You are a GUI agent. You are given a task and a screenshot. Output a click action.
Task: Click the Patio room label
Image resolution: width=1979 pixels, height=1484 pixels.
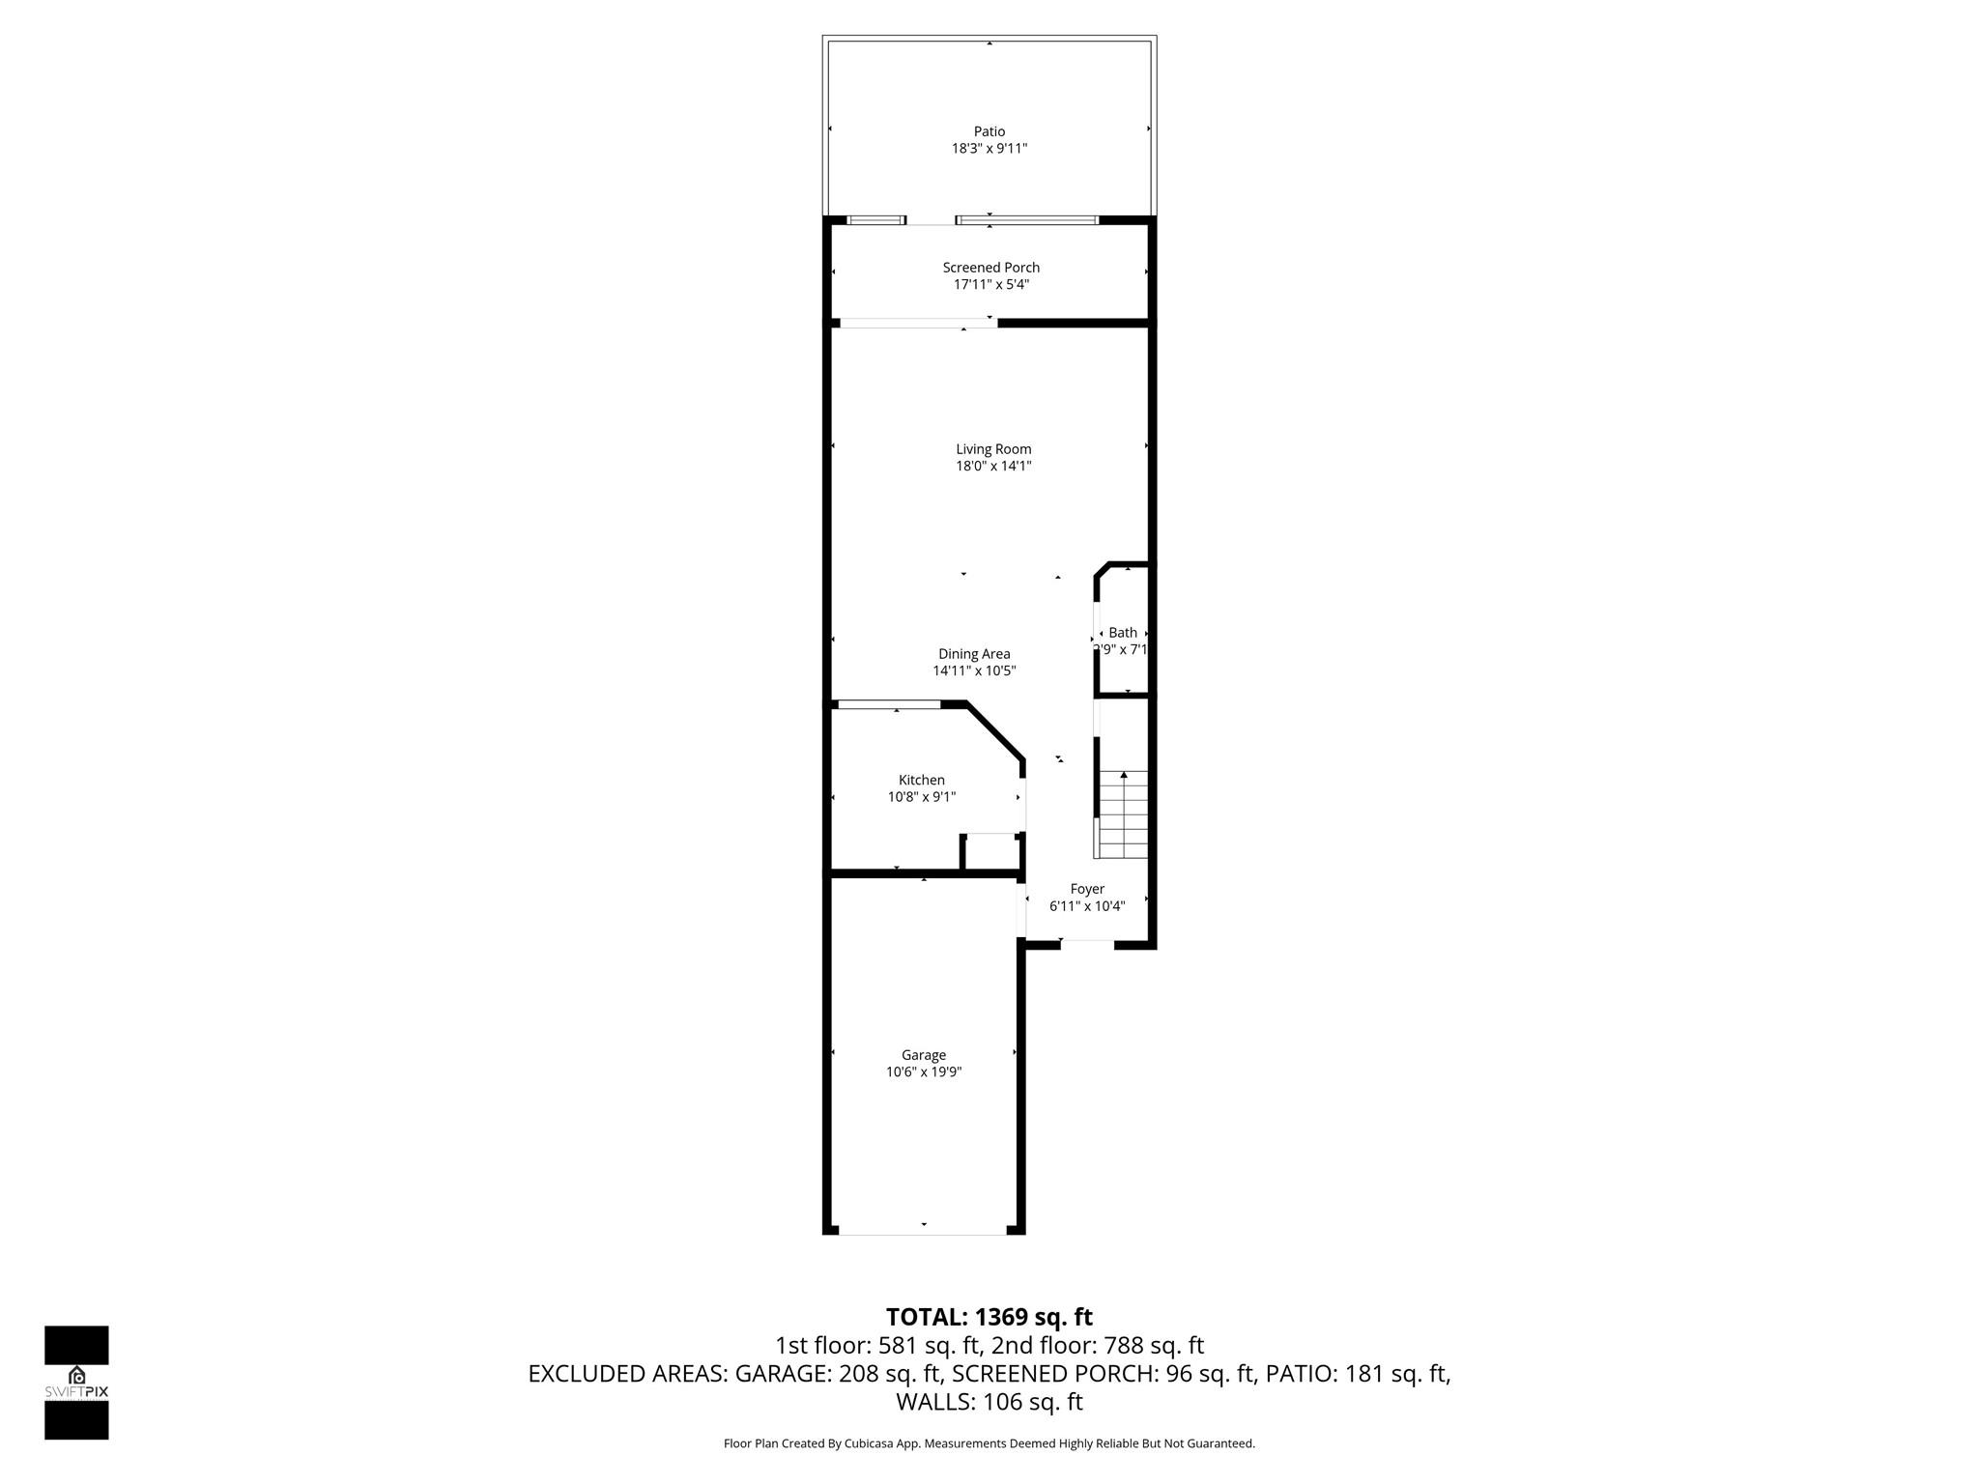tap(989, 131)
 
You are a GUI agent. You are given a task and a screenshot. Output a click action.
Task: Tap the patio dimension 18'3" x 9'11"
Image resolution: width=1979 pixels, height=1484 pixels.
tap(989, 149)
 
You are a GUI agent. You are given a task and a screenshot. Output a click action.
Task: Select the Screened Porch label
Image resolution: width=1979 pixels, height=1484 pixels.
tap(991, 268)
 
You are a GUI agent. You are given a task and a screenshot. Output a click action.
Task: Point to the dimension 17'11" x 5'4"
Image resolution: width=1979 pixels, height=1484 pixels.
tap(991, 285)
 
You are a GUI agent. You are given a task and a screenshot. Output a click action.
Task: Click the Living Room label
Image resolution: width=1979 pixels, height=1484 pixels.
tap(993, 449)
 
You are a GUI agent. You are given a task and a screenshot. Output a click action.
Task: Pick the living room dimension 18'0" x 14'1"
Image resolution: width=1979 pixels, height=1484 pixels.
tap(993, 467)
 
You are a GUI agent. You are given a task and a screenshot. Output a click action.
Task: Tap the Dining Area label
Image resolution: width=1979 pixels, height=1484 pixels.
tap(974, 654)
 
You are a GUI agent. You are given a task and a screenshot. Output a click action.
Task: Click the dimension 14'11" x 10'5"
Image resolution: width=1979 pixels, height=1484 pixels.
tap(974, 671)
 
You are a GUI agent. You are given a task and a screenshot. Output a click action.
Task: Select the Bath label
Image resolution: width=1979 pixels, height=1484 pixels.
tap(1123, 633)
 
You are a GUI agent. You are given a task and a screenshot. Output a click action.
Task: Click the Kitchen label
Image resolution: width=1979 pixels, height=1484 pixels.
tap(922, 781)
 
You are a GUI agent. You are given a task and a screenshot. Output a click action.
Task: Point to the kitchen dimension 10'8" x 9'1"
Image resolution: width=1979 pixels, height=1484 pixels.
tap(922, 797)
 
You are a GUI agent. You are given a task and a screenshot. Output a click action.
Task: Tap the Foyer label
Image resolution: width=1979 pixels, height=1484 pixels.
tap(1087, 889)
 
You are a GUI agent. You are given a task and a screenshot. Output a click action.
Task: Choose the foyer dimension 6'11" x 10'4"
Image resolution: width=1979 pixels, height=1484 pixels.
tap(1087, 906)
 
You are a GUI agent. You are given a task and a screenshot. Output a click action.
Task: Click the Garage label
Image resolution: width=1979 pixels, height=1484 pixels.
tap(924, 1055)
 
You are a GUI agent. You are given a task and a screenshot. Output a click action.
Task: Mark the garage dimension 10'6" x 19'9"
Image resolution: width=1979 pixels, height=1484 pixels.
tap(924, 1072)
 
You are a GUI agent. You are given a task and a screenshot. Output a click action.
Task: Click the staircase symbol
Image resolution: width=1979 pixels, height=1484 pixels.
tap(1123, 814)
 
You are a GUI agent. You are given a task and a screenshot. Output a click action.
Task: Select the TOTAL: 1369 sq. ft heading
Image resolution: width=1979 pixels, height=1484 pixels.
tap(989, 1317)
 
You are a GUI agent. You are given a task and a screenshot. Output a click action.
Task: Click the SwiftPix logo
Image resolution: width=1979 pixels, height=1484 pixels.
tap(76, 1383)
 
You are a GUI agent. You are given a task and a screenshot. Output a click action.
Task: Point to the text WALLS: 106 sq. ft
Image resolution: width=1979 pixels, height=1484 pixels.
tap(989, 1402)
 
